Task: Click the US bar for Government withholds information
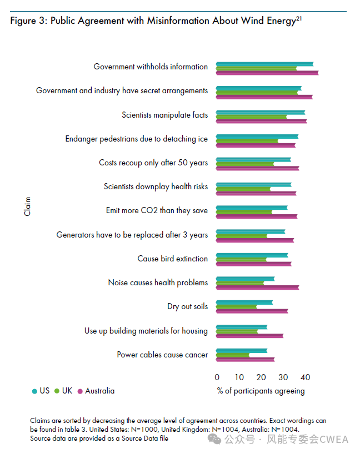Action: point(264,64)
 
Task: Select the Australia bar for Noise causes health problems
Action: point(257,287)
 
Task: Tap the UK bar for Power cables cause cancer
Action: point(233,355)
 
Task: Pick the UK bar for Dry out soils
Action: point(237,307)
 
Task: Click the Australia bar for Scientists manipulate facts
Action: point(261,121)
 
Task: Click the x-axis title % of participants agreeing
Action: point(261,391)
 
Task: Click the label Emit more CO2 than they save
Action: point(157,211)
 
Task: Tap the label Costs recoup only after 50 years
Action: point(153,163)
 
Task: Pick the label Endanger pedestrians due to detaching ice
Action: point(136,139)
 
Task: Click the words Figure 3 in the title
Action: point(29,21)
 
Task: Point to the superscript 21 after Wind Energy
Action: point(299,18)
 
